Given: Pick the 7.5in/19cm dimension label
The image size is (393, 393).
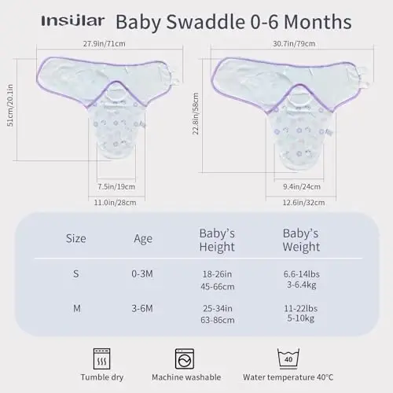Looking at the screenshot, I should [119, 187].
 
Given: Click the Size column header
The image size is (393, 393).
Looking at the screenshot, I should [76, 237].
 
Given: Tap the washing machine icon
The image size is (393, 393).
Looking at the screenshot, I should [185, 359].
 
